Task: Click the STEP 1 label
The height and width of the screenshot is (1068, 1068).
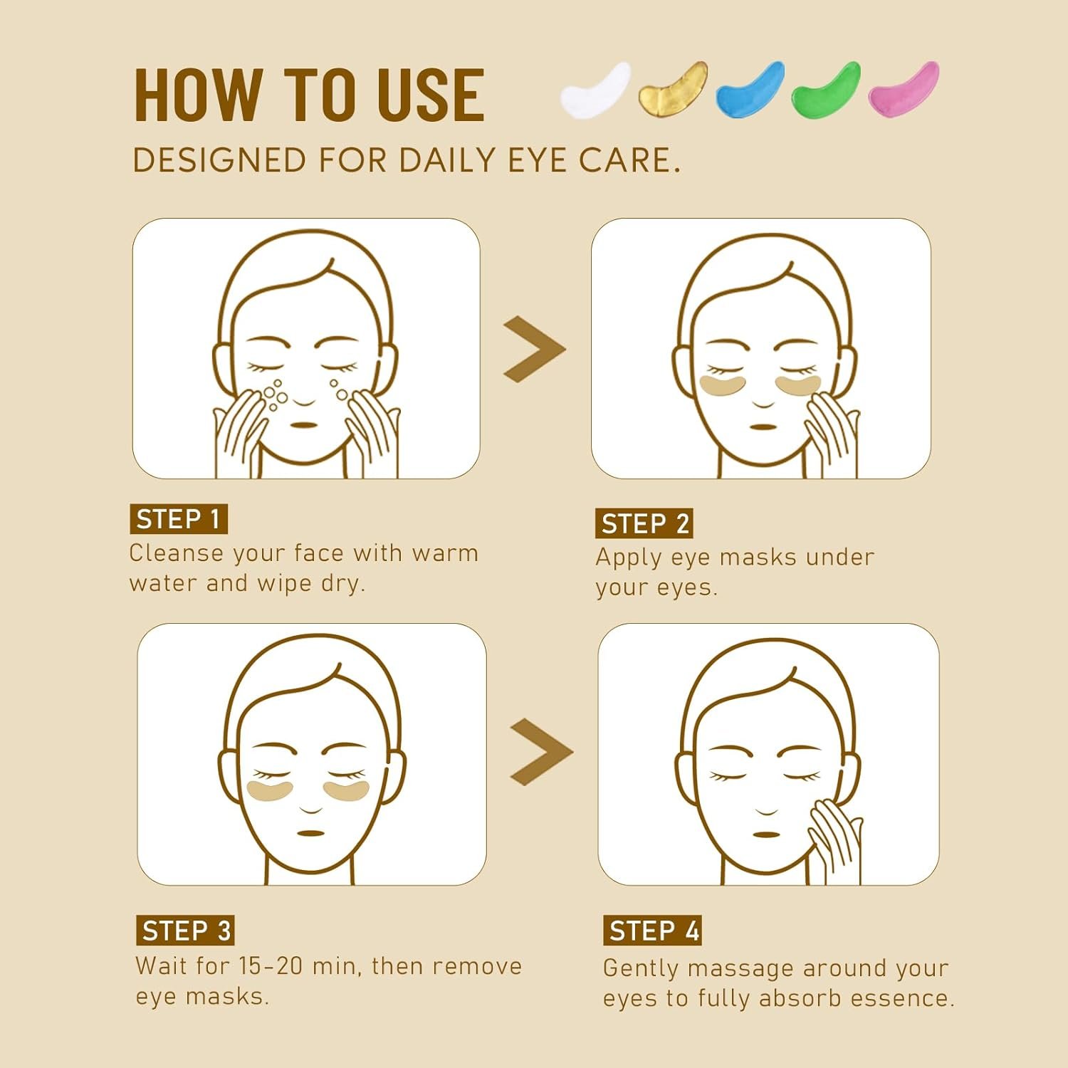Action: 179,519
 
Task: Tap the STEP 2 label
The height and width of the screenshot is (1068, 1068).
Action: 644,523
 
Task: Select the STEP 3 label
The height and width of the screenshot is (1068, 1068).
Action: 185,931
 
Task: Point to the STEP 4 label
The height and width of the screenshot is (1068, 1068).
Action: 653,931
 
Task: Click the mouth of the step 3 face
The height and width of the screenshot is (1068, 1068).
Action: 310,832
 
